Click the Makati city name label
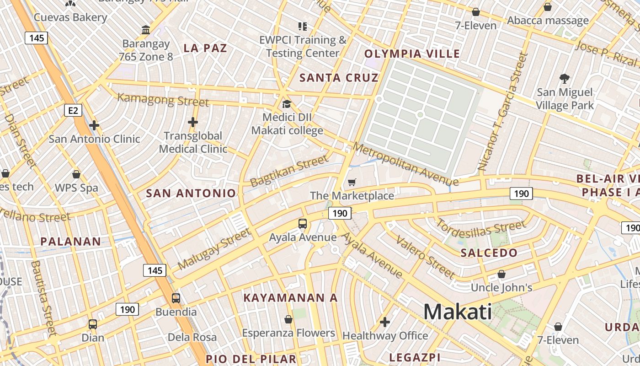(458, 312)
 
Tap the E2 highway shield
(73, 110)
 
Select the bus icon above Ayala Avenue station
(303, 224)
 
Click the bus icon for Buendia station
(176, 298)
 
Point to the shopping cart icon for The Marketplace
(352, 183)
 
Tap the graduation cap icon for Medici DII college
(287, 104)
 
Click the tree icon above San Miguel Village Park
(565, 78)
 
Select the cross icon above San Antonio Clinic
(94, 125)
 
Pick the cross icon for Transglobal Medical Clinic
(193, 122)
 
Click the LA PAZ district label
(205, 48)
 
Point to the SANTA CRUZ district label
(339, 78)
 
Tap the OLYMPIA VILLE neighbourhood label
(412, 54)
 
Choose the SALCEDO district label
(489, 253)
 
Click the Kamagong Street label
(163, 99)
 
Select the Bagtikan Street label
(289, 170)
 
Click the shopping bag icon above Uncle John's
(501, 274)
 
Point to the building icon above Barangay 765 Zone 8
(146, 30)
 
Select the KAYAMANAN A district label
(290, 298)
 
